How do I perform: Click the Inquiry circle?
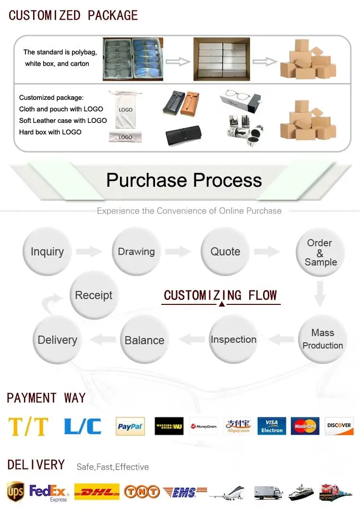tap(47, 252)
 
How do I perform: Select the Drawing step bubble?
tap(136, 252)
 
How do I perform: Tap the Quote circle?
tap(225, 252)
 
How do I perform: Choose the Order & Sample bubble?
tap(320, 253)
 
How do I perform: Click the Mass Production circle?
tap(323, 339)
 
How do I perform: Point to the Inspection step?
tap(233, 339)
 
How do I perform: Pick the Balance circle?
tap(144, 340)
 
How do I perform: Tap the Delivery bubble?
tap(57, 340)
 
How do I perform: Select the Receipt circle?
tap(94, 295)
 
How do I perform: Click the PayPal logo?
tap(130, 426)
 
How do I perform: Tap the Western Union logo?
tap(169, 426)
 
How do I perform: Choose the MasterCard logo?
tap(305, 426)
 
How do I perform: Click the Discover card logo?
tap(339, 426)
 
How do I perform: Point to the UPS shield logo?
tap(15, 492)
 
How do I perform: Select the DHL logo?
tap(97, 492)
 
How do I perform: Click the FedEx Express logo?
tap(49, 492)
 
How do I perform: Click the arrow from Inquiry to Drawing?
tap(89, 251)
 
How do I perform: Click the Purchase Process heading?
tap(184, 180)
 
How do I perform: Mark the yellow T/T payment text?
tap(28, 426)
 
